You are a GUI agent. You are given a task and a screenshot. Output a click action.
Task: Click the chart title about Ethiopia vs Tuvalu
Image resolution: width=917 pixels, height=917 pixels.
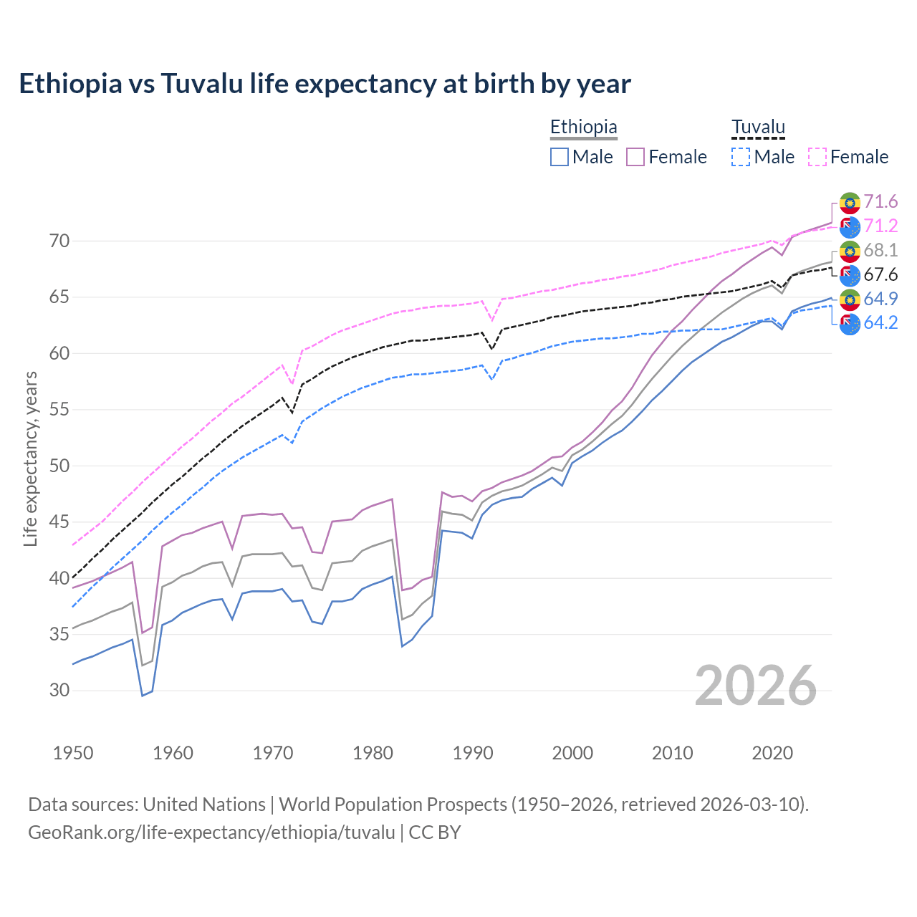pyautogui.click(x=325, y=84)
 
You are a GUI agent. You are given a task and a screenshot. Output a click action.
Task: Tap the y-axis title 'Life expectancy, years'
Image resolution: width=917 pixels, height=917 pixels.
pyautogui.click(x=30, y=458)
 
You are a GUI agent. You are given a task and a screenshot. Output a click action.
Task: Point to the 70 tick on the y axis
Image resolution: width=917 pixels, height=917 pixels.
pyautogui.click(x=59, y=241)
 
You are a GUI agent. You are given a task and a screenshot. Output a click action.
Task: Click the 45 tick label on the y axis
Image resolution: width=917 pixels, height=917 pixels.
pyautogui.click(x=59, y=522)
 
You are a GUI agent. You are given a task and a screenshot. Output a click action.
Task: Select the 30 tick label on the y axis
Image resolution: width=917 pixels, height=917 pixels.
pyautogui.click(x=59, y=691)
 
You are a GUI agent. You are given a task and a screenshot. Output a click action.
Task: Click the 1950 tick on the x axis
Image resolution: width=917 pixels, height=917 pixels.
pyautogui.click(x=73, y=753)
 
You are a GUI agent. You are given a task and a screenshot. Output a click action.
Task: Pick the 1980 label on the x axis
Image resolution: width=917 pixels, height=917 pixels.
pyautogui.click(x=373, y=753)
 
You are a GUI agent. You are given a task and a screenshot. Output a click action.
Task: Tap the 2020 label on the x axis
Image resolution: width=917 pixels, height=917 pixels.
pyautogui.click(x=772, y=753)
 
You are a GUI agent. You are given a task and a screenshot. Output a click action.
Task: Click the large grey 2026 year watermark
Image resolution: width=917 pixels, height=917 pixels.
pyautogui.click(x=755, y=686)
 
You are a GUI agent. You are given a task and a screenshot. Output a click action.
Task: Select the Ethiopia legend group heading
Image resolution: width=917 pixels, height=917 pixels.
pyautogui.click(x=583, y=128)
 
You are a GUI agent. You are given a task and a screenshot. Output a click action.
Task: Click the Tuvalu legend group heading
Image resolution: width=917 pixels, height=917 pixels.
pyautogui.click(x=758, y=128)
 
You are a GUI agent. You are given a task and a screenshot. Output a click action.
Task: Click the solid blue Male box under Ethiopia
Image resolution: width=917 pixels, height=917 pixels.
pyautogui.click(x=560, y=157)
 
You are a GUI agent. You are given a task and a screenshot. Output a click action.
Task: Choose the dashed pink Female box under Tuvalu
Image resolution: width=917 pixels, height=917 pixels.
pyautogui.click(x=817, y=157)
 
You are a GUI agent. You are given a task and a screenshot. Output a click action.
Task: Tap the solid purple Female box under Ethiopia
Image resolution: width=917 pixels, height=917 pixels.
pyautogui.click(x=635, y=157)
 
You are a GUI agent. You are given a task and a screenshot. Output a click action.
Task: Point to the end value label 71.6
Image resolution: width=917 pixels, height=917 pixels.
pyautogui.click(x=880, y=202)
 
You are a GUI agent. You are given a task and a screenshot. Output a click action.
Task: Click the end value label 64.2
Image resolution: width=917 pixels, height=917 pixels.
pyautogui.click(x=880, y=323)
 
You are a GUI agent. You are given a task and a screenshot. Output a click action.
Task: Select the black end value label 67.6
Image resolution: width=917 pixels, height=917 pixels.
pyautogui.click(x=880, y=275)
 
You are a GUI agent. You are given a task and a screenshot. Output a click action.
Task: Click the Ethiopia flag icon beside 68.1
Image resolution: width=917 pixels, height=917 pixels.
pyautogui.click(x=850, y=251)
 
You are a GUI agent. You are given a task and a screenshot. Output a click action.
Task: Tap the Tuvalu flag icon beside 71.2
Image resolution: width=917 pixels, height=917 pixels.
pyautogui.click(x=850, y=227)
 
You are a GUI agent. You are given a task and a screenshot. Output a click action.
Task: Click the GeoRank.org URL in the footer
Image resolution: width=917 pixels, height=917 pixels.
pyautogui.click(x=211, y=832)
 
